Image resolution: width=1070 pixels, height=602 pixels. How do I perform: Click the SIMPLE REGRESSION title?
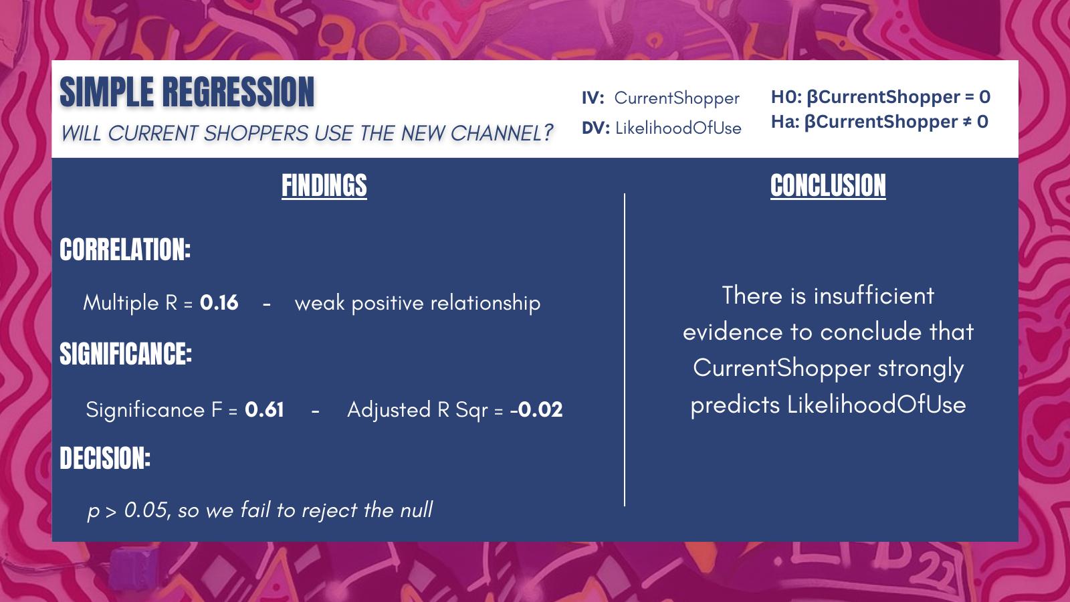(187, 92)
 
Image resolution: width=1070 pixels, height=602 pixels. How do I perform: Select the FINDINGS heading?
(324, 185)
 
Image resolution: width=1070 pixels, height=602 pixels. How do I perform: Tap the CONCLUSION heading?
(828, 185)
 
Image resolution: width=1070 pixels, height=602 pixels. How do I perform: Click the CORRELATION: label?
(125, 249)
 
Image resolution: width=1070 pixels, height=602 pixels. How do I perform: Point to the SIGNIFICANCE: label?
(126, 354)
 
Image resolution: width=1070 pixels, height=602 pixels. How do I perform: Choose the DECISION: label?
(105, 458)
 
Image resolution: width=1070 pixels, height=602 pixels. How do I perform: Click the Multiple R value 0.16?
(219, 303)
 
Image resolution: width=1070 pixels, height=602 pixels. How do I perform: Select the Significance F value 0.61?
(264, 410)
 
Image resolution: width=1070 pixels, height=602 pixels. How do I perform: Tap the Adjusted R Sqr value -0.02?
(536, 410)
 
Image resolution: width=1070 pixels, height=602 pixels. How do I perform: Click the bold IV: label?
(593, 98)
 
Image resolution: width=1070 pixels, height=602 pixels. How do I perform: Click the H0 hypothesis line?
(880, 97)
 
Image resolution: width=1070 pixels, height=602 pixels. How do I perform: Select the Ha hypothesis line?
(879, 122)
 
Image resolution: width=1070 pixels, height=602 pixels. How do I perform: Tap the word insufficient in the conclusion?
(873, 295)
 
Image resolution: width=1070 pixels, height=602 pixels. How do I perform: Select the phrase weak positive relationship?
(417, 304)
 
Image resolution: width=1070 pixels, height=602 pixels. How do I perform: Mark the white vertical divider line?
(625, 350)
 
